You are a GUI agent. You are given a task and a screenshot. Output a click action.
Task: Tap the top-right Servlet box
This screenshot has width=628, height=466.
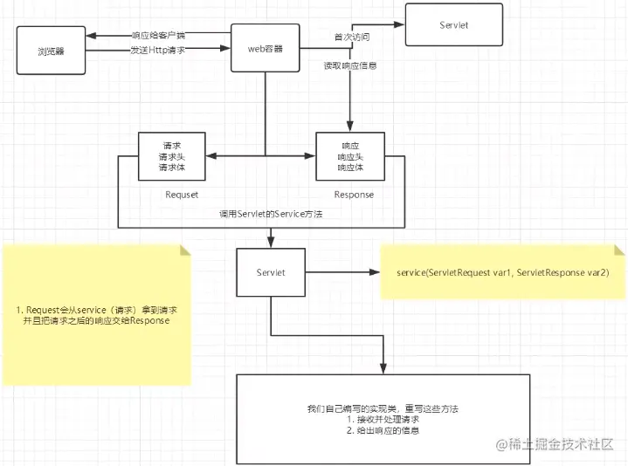pyautogui.click(x=453, y=25)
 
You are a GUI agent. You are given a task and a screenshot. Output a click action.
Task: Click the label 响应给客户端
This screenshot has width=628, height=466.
pyautogui.click(x=158, y=36)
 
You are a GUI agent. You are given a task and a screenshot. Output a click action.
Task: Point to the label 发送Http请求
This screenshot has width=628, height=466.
pyautogui.click(x=157, y=50)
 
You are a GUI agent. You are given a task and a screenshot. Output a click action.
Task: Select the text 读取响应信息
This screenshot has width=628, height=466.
pyautogui.click(x=349, y=65)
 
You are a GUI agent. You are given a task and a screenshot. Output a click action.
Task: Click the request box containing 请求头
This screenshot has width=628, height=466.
pyautogui.click(x=171, y=155)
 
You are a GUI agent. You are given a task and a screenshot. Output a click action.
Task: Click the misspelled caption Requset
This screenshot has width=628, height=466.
pyautogui.click(x=171, y=195)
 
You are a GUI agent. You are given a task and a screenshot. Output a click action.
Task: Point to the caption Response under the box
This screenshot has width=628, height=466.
pyautogui.click(x=354, y=195)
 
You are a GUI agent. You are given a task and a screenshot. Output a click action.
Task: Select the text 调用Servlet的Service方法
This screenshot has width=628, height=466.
pyautogui.click(x=272, y=214)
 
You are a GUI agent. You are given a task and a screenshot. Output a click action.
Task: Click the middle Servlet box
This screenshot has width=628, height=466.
pyautogui.click(x=271, y=272)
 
